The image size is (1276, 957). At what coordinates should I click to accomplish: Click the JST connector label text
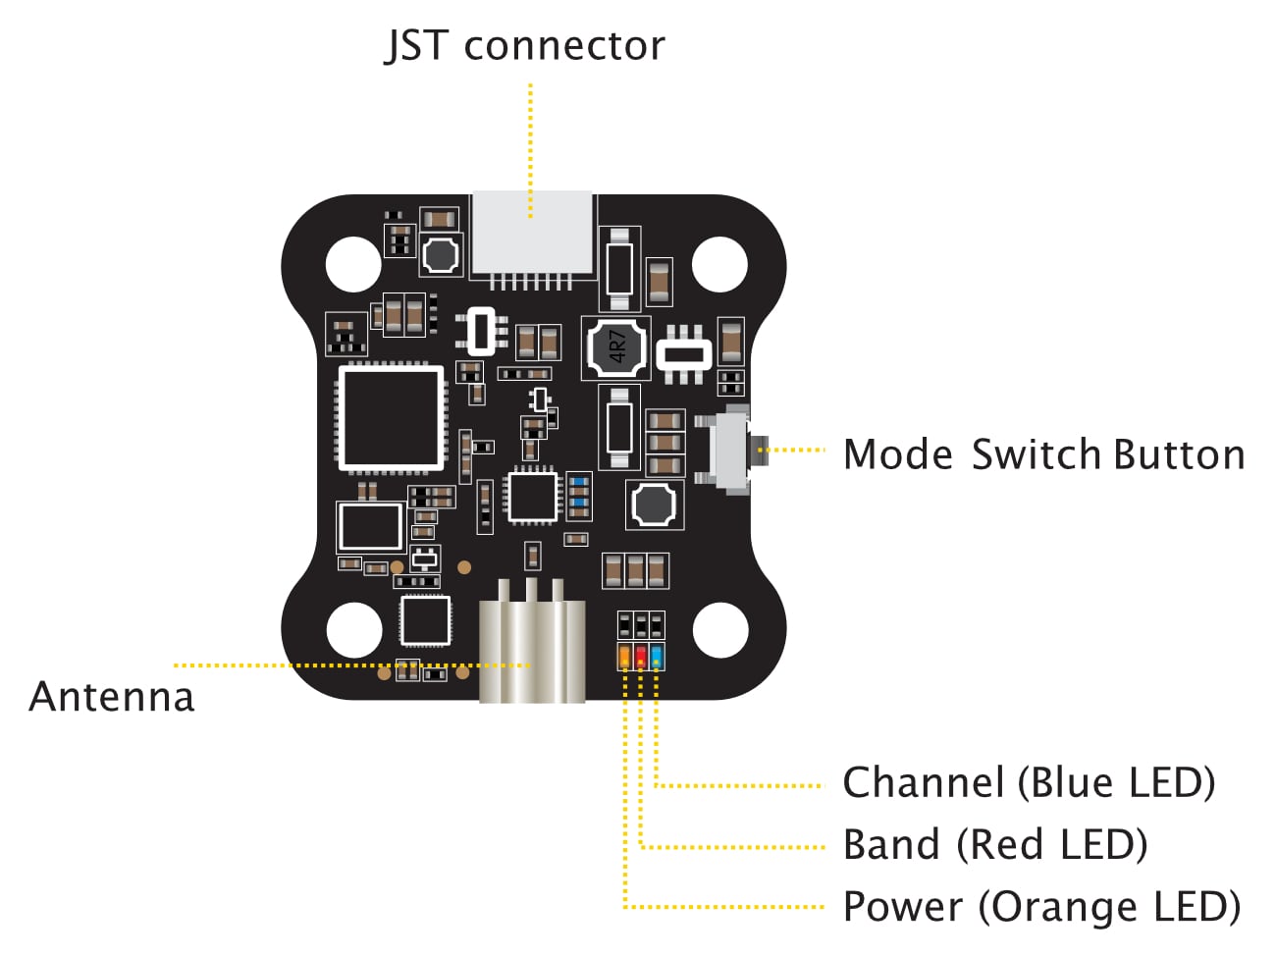(x=525, y=46)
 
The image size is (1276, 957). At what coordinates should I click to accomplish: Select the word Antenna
(x=112, y=697)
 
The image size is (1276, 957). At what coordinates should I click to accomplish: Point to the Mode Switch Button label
(x=1043, y=455)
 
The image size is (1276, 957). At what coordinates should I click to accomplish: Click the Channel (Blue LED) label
(x=1029, y=783)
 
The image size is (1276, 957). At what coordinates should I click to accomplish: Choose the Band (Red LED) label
(x=995, y=845)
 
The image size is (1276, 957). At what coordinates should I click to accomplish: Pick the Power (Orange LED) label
(x=1041, y=907)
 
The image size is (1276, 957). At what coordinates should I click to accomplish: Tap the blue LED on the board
(x=657, y=657)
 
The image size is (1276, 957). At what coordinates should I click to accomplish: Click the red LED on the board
(x=641, y=657)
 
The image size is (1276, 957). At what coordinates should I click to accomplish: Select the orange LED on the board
(x=624, y=657)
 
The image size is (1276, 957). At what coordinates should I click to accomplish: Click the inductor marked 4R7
(x=616, y=346)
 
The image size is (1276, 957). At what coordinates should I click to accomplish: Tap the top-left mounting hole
(x=353, y=263)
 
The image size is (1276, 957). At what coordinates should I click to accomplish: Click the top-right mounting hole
(x=719, y=263)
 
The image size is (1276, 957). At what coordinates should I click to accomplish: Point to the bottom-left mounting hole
(x=353, y=630)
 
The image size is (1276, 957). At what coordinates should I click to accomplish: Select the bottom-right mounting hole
(x=719, y=630)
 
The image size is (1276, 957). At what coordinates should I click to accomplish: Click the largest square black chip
(x=391, y=418)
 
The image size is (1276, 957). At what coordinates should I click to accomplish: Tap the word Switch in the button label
(x=1037, y=455)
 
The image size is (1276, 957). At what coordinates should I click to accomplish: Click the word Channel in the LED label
(x=924, y=783)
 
